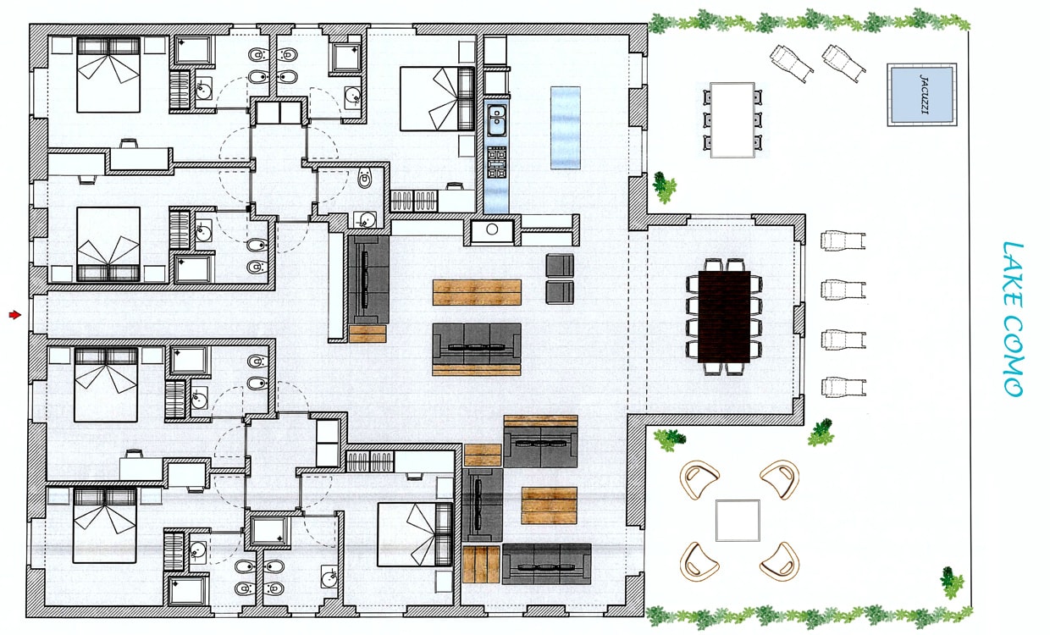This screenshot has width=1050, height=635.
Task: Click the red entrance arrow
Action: (x=15, y=315)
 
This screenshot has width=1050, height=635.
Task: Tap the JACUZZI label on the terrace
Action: (x=922, y=94)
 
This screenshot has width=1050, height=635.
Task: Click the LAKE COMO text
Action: (x=1013, y=319)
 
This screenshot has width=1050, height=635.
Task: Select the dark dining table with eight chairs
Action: (x=724, y=317)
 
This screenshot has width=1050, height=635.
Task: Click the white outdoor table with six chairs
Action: (x=732, y=120)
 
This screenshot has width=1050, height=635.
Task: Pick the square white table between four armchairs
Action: (x=738, y=520)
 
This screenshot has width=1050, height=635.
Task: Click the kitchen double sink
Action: (x=496, y=119)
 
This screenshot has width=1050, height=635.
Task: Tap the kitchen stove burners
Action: (x=496, y=163)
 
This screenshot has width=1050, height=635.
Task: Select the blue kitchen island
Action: (x=566, y=128)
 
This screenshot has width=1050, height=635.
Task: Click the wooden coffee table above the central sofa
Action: (x=477, y=292)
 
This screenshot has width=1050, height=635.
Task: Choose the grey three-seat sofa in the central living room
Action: (x=477, y=349)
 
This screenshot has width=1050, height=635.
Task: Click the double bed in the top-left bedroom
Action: (x=108, y=75)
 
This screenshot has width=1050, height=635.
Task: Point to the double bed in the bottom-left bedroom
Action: (x=105, y=526)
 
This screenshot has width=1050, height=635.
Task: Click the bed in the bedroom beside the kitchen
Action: (x=437, y=98)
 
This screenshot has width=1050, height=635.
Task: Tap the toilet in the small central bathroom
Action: (x=365, y=178)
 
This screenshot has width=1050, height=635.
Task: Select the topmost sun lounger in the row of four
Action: (x=843, y=240)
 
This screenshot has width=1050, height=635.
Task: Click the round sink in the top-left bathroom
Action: (x=203, y=90)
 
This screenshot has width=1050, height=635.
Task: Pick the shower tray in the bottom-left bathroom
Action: (x=188, y=590)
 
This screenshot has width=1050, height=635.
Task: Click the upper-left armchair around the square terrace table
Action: (x=699, y=479)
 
